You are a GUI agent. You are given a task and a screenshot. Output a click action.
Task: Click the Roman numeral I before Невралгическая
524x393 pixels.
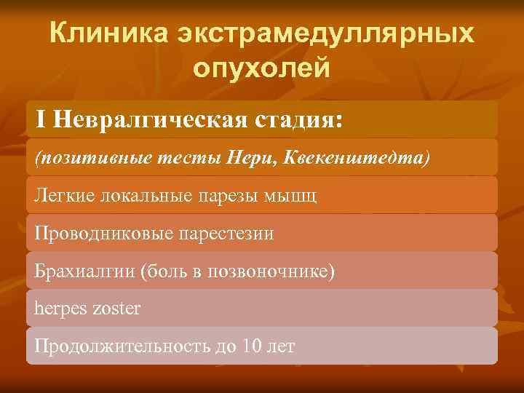coord(41,119)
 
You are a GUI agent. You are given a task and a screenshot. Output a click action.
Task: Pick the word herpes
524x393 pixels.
coord(60,309)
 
